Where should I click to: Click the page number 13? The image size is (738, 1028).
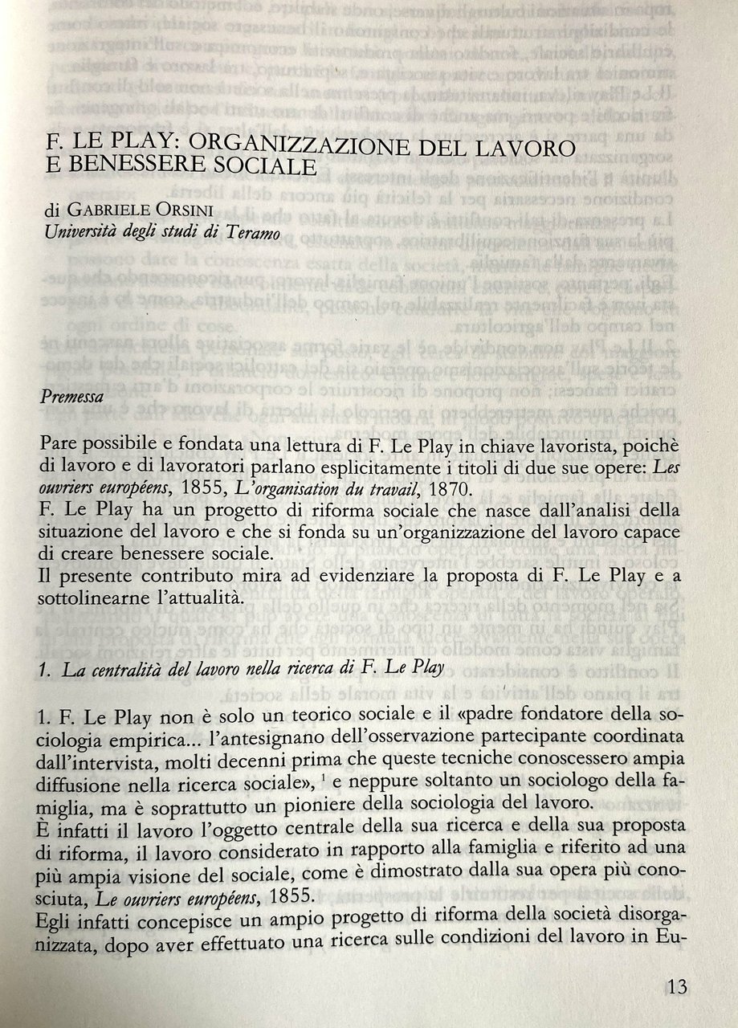pyautogui.click(x=676, y=985)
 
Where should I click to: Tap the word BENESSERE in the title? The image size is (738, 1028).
pyautogui.click(x=137, y=169)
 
